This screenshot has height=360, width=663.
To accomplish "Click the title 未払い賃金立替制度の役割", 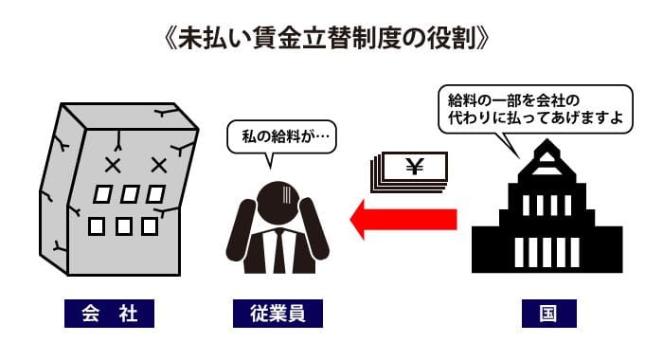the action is point(327,39).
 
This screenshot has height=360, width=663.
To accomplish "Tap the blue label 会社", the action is point(109,314).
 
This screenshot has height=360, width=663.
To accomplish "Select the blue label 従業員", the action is point(278,314).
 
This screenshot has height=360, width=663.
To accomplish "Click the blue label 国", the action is point(548,314).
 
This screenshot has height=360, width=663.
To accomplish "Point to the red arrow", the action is point(403,220).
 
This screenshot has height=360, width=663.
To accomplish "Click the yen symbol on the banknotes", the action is point(415,166).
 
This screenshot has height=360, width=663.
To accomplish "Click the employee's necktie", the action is point(279,251).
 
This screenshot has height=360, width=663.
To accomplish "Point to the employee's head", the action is point(278,202).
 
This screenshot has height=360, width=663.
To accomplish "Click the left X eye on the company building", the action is point(113,166).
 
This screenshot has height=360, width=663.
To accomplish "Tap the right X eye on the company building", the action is point(159,166).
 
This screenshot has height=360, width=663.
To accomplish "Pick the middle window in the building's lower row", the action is point(123,226).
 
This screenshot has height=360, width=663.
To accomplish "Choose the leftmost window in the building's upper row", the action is point(102,194).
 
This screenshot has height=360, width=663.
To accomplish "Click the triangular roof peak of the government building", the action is point(547,157).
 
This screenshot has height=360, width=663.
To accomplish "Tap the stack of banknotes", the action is point(409,172).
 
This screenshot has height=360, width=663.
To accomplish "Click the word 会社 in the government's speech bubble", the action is point(550,100).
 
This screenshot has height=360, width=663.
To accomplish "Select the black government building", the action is point(547,206).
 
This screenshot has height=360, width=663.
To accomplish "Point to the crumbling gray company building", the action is point(118,189).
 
